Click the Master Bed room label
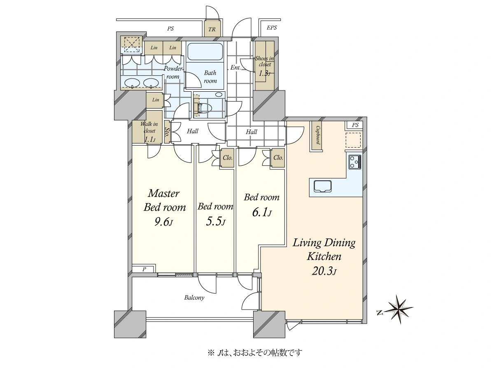[165, 200]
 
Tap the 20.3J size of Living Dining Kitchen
[324, 272]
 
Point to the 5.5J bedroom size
[216, 221]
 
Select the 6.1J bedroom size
[262, 212]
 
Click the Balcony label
[194, 298]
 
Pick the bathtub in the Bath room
[205, 52]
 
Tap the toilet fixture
[204, 108]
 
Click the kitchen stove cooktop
[355, 162]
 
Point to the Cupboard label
[318, 135]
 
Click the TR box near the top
[212, 28]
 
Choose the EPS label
[272, 28]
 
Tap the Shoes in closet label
[264, 61]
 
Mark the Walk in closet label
[149, 127]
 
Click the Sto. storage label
[167, 132]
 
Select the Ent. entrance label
[235, 67]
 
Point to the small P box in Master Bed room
[144, 269]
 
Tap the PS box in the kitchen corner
[355, 125]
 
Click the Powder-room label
[173, 73]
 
